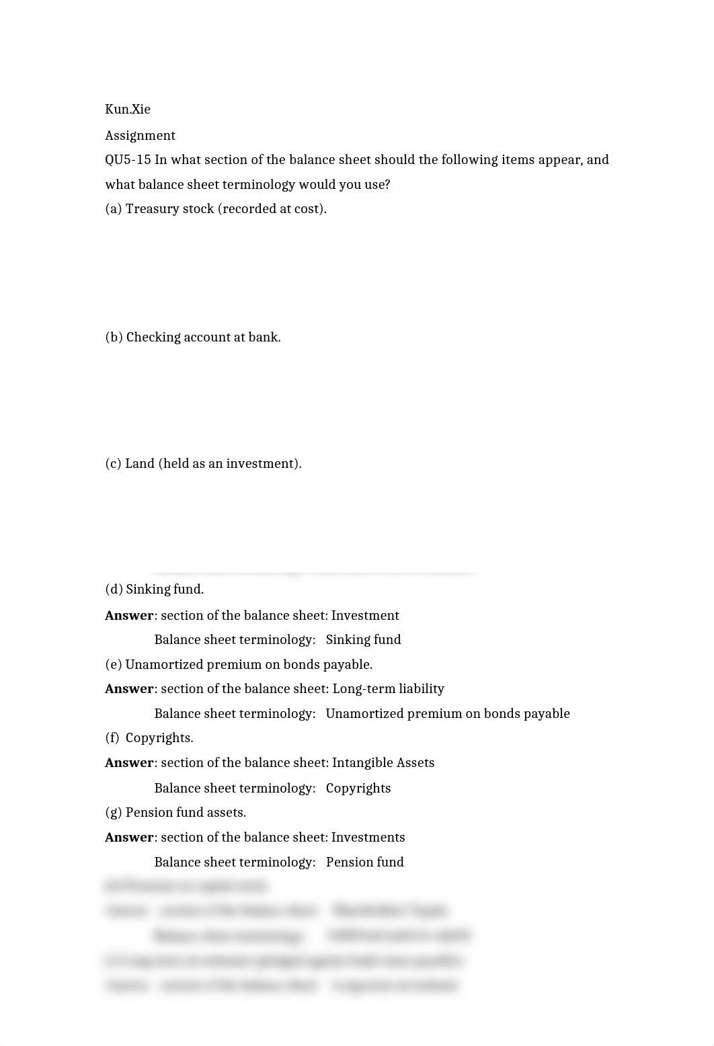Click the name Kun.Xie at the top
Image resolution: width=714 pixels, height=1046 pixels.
(128, 110)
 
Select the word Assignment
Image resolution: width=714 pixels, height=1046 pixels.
(140, 136)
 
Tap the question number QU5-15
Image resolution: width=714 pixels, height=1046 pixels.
(128, 160)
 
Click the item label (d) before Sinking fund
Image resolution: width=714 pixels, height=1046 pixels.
(114, 590)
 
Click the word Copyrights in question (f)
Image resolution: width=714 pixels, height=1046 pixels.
(159, 738)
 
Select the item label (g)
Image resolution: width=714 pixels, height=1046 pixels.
(114, 813)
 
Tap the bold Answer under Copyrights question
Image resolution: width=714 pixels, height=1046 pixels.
(129, 763)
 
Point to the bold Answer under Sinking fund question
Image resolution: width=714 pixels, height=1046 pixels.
(129, 616)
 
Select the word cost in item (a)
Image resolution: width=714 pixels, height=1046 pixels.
(308, 209)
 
